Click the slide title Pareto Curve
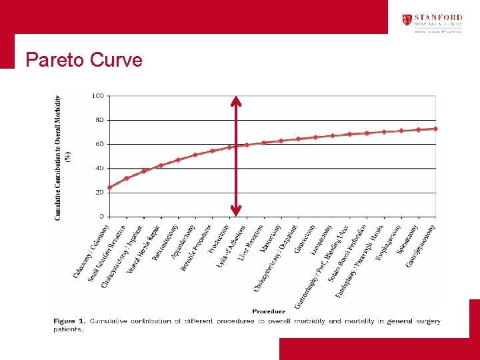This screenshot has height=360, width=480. (84, 60)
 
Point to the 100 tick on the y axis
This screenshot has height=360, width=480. (97, 96)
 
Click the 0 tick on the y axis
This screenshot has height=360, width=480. (101, 216)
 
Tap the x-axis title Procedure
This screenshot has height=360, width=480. (269, 311)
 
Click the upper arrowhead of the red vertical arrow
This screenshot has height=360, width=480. (235, 101)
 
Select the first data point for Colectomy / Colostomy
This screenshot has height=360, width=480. (109, 187)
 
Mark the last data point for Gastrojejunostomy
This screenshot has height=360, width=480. (435, 129)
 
